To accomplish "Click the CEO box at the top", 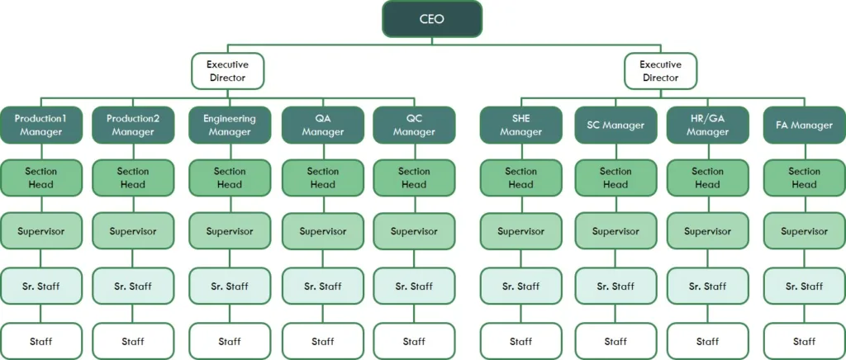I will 432,19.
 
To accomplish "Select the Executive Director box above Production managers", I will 228,71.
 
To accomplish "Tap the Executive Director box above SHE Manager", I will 660,71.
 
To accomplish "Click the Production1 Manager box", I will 40,125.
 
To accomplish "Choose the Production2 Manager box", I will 133,125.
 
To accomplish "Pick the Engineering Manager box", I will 230,125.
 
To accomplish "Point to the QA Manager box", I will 323,125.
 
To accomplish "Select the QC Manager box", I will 414,125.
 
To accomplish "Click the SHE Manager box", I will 520,125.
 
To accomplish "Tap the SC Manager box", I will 615,125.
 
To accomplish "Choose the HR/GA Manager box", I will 707,125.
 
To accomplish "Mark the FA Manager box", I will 804,125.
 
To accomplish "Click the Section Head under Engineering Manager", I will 230,178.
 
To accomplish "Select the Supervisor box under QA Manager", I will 323,231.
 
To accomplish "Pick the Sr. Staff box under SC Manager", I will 615,287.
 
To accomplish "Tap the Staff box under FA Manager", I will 804,341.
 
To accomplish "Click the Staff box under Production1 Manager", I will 40,341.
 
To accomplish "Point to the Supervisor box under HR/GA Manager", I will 707,231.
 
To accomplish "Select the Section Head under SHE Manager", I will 520,178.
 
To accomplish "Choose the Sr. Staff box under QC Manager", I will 414,287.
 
